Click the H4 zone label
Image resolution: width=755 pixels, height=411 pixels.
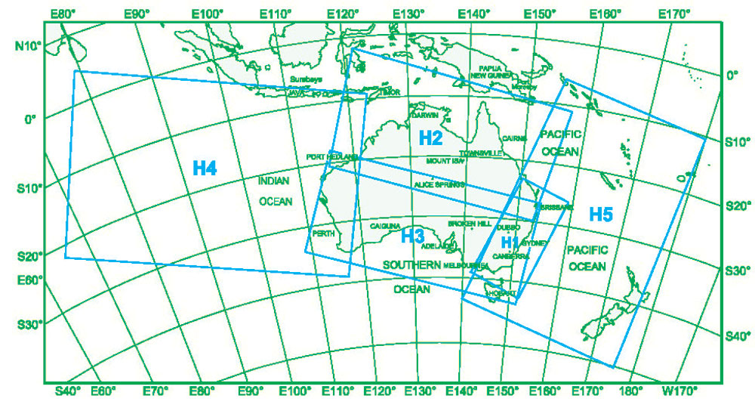(205, 168)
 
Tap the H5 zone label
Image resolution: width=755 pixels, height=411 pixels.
(600, 214)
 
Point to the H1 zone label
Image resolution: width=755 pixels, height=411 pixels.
(511, 242)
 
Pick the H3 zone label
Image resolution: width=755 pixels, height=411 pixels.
(412, 235)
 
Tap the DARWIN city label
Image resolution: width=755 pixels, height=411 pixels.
(425, 114)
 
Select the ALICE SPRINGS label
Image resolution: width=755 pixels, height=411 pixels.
(439, 184)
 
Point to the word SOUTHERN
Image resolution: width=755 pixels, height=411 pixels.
(411, 265)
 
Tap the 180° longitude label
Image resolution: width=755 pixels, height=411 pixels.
(630, 391)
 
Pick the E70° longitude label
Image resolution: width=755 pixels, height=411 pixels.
(153, 391)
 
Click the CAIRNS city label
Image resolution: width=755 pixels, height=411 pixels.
(513, 139)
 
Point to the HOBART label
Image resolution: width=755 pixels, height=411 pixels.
(503, 292)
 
